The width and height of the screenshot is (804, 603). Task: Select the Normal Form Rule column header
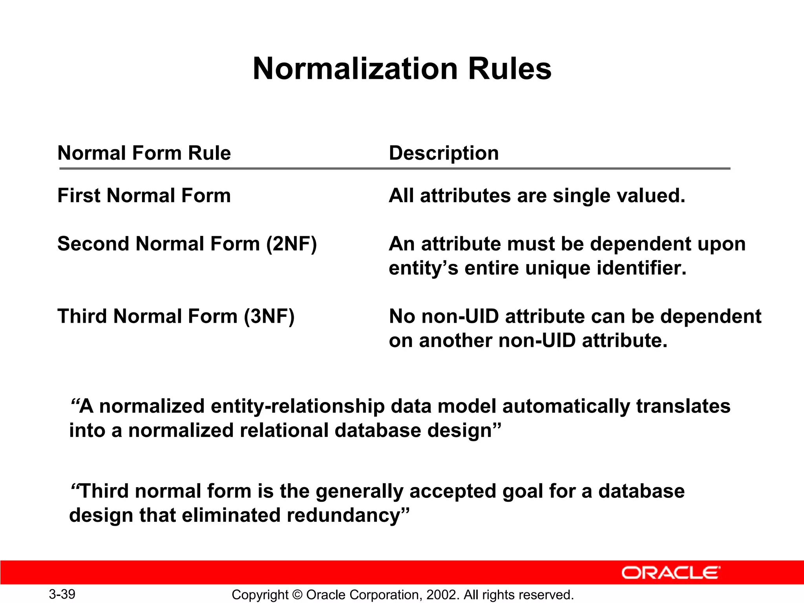144,153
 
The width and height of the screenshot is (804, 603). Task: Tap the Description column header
444,153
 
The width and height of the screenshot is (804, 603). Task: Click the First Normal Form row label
144,196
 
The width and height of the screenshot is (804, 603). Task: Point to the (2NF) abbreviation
291,244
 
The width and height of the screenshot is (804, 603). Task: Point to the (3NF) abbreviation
269,316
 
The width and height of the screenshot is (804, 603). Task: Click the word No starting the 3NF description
402,316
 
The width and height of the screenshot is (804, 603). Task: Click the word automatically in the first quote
566,406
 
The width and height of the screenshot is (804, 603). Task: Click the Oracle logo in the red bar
671,573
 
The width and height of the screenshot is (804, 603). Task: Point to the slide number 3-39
62,594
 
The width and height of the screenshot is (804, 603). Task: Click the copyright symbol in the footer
297,595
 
